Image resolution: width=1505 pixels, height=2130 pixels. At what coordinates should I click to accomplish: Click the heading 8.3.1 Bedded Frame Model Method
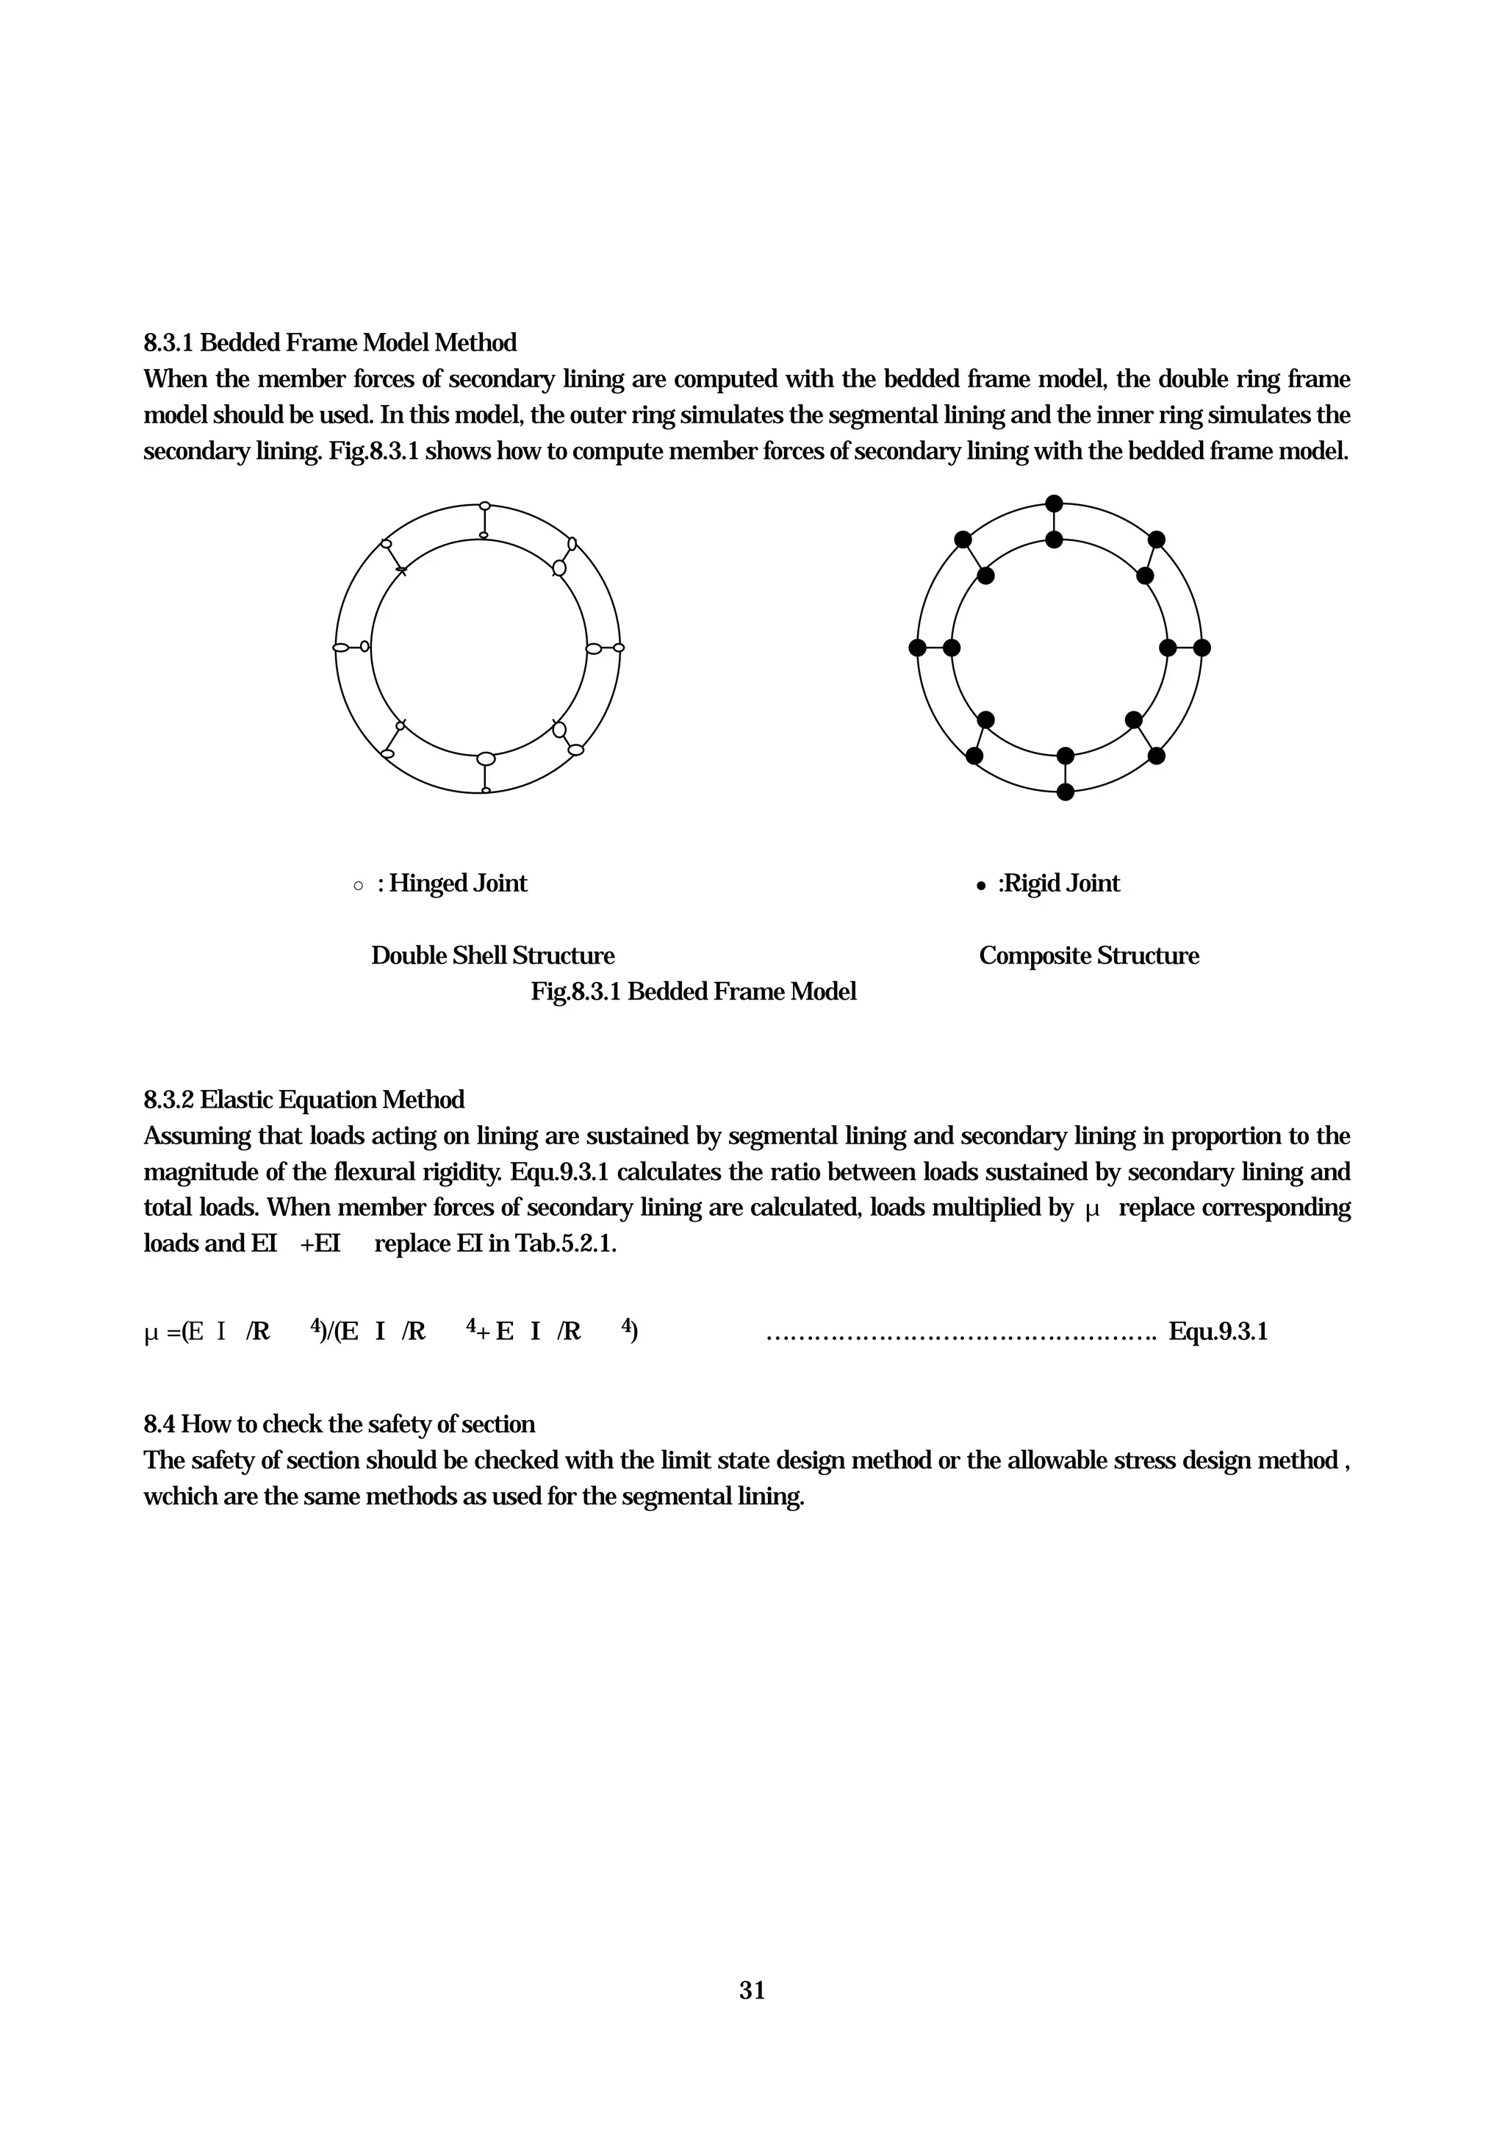click(x=330, y=343)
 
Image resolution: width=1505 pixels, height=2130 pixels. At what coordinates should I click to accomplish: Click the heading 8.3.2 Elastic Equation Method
click(x=304, y=1100)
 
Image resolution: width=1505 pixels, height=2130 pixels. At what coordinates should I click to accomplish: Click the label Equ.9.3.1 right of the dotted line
click(x=1218, y=1333)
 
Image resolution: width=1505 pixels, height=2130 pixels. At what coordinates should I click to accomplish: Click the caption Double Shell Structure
click(x=492, y=955)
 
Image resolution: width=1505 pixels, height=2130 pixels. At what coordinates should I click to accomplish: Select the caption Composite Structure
click(x=1088, y=955)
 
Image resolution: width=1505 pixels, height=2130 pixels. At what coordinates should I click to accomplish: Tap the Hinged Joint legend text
click(x=457, y=883)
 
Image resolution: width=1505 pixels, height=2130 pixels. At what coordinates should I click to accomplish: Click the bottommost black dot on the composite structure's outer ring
click(x=1066, y=792)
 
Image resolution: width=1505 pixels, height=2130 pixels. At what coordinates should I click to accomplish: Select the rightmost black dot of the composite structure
click(x=1202, y=648)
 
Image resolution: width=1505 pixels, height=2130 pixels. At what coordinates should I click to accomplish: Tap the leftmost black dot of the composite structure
click(x=917, y=648)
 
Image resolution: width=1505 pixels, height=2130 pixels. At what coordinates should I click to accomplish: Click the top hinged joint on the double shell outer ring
click(x=484, y=506)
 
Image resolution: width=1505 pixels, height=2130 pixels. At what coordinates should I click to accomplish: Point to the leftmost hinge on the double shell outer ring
click(x=340, y=647)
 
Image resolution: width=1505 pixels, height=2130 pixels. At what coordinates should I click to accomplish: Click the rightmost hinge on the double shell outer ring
click(x=619, y=648)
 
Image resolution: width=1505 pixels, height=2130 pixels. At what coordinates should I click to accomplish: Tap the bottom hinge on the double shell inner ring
click(x=486, y=759)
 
